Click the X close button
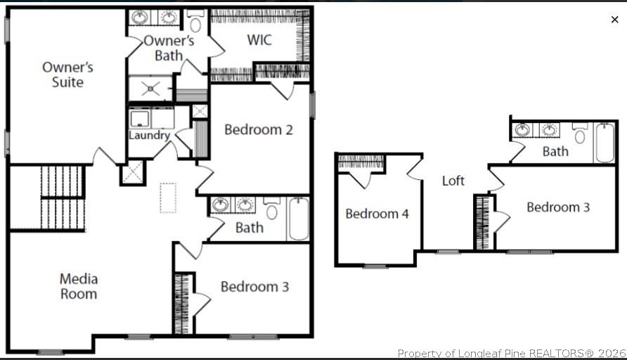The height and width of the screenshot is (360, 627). click(615, 20)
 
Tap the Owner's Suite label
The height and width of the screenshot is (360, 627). click(67, 75)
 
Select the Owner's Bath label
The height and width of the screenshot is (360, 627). click(169, 48)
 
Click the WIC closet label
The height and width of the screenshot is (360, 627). click(259, 39)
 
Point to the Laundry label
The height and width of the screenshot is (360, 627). click(149, 135)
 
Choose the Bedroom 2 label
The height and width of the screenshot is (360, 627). click(258, 129)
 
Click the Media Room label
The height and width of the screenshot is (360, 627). click(78, 287)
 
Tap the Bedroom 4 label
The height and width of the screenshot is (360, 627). click(377, 214)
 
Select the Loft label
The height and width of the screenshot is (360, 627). click(453, 181)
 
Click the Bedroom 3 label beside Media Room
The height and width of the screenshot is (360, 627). click(254, 287)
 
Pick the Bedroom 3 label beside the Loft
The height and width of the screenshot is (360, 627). click(557, 207)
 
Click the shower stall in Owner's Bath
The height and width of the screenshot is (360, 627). click(150, 89)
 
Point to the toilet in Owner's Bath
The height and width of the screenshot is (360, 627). click(195, 23)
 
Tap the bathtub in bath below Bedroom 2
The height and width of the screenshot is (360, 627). click(298, 218)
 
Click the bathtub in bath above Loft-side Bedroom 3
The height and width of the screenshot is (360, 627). click(605, 143)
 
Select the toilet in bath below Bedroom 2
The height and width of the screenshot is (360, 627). click(272, 210)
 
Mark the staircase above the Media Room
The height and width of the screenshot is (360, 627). click(62, 198)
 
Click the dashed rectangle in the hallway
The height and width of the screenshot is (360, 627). click(168, 198)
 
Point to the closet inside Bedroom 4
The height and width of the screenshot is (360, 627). click(361, 164)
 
